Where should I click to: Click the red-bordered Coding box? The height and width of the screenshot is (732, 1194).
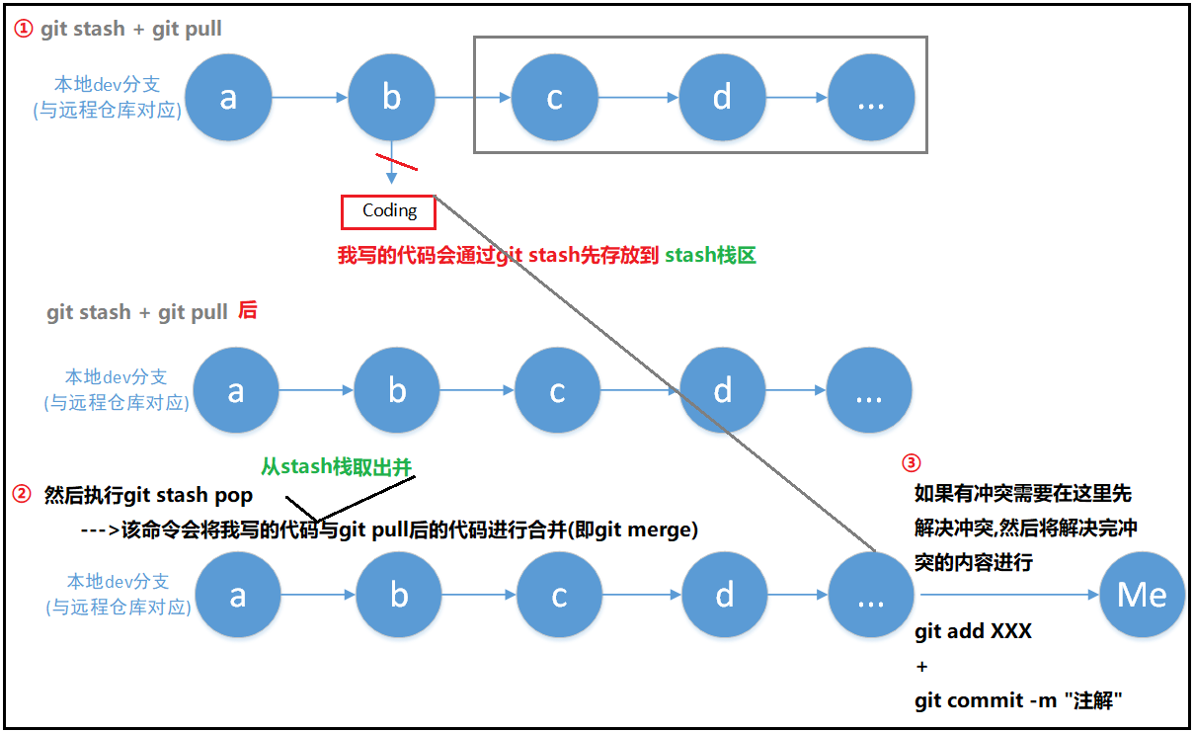coord(389,210)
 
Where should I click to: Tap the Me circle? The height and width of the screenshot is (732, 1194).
coord(1142,595)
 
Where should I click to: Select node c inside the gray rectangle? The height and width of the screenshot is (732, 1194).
coord(555,98)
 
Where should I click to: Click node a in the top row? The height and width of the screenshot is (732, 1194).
coord(228,98)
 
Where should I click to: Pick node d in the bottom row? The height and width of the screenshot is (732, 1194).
coord(724,595)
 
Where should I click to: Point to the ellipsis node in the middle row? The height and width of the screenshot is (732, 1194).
coord(869,392)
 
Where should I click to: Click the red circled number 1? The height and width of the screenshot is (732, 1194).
coord(24,29)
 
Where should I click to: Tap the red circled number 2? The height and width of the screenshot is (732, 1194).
coord(22,495)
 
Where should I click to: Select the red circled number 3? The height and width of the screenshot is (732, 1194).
coord(912,462)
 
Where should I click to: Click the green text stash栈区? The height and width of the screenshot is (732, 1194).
coord(710,256)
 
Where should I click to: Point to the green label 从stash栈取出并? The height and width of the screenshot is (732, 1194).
coord(336,466)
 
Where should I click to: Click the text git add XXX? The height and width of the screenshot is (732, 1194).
coord(973,631)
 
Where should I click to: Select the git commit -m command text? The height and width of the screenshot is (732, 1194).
coord(1019,700)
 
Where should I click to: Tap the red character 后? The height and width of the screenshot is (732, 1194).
coord(247,312)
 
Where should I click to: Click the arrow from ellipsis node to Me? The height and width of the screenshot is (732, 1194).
coord(1007,595)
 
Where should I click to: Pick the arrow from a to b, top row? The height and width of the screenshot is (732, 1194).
coord(310,98)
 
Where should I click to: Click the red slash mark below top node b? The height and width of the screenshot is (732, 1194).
coord(395,161)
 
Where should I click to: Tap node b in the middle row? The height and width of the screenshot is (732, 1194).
coord(397,392)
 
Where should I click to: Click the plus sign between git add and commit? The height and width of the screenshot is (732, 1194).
coord(922,667)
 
